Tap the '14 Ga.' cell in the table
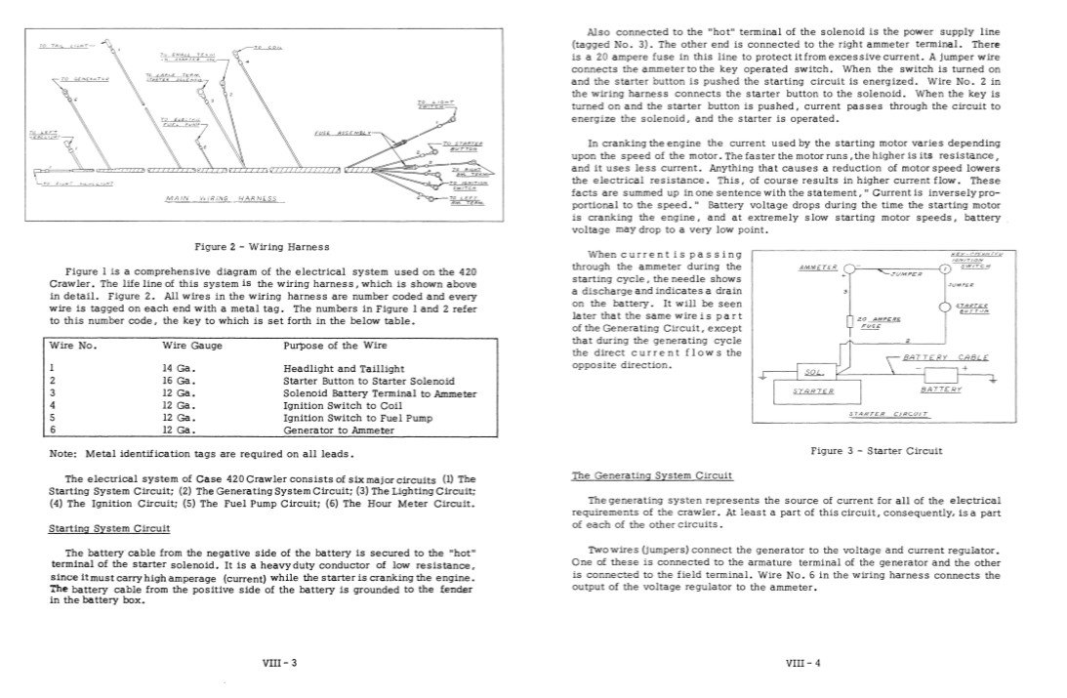tap(181, 367)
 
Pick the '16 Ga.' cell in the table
tap(181, 380)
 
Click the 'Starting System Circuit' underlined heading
tap(109, 528)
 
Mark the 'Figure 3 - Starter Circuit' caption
tap(876, 451)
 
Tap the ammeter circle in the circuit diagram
tap(850, 269)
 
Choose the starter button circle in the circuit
tap(943, 308)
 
